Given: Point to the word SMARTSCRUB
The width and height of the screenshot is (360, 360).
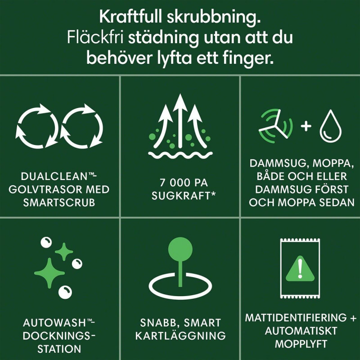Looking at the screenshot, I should tap(60, 202).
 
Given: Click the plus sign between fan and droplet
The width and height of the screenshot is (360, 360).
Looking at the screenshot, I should tap(306, 126).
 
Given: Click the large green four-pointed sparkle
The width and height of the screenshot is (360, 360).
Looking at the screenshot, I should tap(49, 271).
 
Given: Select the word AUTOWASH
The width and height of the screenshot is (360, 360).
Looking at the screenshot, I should tap(57, 323).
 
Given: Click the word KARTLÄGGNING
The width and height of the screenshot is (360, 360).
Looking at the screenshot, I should tap(180, 336).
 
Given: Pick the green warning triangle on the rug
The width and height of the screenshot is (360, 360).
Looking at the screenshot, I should tap(300, 269).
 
